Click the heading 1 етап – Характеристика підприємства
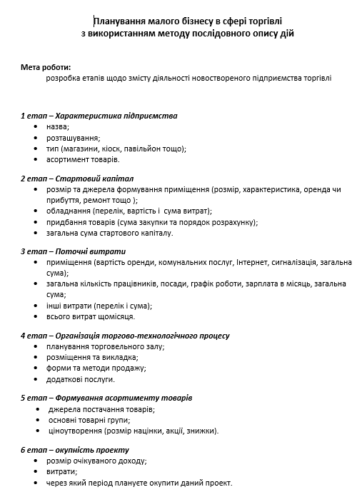[x=99, y=115]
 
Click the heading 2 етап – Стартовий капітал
[x=77, y=178]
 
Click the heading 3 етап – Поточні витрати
[x=73, y=251]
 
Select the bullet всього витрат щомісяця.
[x=90, y=316]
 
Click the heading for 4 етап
[x=125, y=335]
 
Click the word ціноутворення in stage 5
[x=74, y=431]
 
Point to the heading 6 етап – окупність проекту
[x=74, y=450]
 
